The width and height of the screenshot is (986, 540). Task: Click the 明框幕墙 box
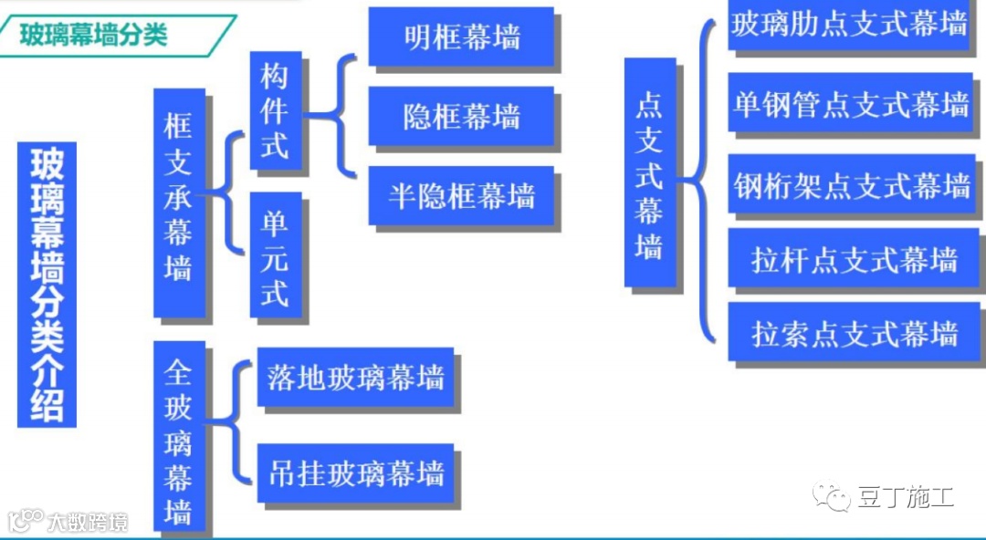pyautogui.click(x=461, y=36)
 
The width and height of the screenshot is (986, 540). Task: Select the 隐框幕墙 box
pyautogui.click(x=461, y=116)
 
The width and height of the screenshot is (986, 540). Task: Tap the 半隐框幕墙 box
pyautogui.click(x=461, y=195)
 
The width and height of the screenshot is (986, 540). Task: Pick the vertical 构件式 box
pyautogui.click(x=275, y=109)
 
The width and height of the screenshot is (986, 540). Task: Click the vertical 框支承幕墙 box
pyautogui.click(x=179, y=202)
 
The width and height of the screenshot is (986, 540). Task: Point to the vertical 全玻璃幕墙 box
pyautogui.click(x=179, y=436)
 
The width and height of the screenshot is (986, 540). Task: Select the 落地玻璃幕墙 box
pyautogui.click(x=356, y=377)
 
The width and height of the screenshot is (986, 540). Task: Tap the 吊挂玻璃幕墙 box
pyautogui.click(x=356, y=472)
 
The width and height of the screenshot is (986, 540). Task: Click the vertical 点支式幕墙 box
pyautogui.click(x=649, y=173)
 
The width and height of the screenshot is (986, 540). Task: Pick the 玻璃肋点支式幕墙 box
pyautogui.click(x=849, y=24)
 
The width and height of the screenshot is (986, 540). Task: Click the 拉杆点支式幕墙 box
pyautogui.click(x=854, y=260)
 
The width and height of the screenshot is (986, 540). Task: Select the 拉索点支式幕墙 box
pyautogui.click(x=854, y=333)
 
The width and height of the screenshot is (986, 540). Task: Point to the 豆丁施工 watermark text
pyautogui.click(x=905, y=498)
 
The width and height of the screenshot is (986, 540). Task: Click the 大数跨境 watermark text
pyautogui.click(x=88, y=522)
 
